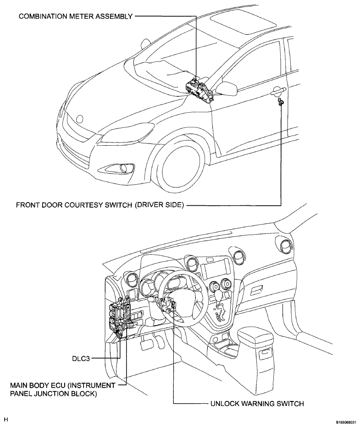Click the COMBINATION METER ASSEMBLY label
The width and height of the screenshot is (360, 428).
[76, 16]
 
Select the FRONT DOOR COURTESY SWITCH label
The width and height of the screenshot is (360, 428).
[100, 205]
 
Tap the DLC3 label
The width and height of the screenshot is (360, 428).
[81, 358]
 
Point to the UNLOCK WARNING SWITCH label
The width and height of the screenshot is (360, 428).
[257, 404]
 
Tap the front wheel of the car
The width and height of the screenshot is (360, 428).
[181, 166]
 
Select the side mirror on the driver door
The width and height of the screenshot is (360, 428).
[227, 88]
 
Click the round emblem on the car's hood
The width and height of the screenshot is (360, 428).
[80, 119]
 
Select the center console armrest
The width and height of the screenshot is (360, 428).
[255, 336]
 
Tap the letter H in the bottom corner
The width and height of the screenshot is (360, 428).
[6, 419]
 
